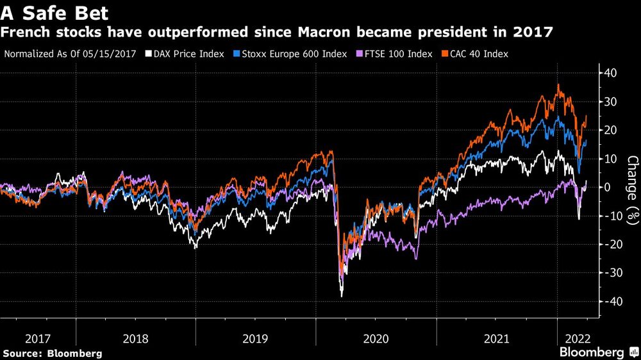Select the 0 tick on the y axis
613,187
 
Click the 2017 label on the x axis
38,338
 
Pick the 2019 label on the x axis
256,338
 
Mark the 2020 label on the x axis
376,338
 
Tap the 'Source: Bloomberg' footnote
53,353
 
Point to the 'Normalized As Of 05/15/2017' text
70,54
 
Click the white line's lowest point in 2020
342,296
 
